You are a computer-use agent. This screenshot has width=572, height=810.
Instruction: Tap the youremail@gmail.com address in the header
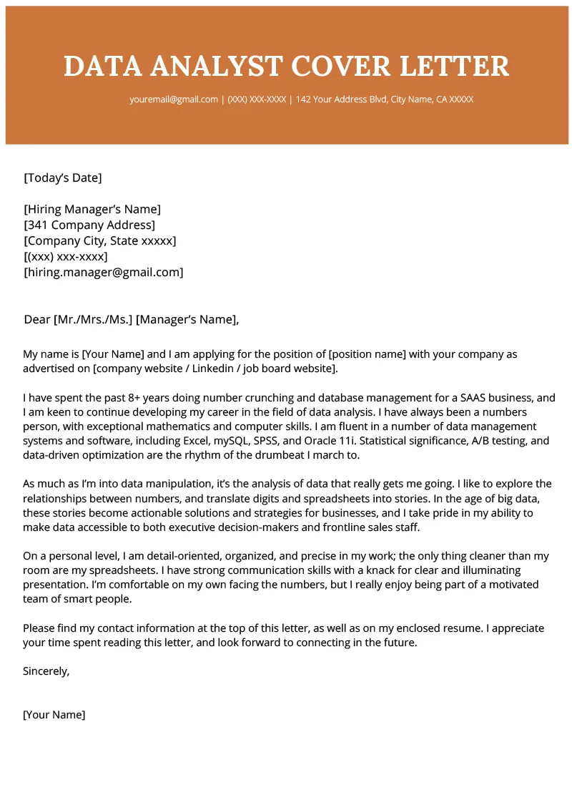[x=174, y=99]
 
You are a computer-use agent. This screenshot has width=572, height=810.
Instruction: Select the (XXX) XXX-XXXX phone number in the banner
[x=257, y=99]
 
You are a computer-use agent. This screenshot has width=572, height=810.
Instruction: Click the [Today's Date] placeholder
[x=63, y=177]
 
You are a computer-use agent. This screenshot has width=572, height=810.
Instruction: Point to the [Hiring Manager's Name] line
[x=92, y=209]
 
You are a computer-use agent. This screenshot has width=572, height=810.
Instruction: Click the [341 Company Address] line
[x=89, y=225]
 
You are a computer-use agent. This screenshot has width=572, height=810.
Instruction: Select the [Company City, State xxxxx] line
[x=100, y=240]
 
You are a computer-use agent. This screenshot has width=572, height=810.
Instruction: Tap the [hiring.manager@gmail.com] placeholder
[x=104, y=272]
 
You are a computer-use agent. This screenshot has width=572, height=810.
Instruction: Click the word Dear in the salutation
[x=37, y=319]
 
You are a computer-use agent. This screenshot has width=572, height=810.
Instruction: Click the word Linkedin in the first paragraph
[x=214, y=369]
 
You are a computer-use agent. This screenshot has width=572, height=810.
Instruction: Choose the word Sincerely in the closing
[x=46, y=671]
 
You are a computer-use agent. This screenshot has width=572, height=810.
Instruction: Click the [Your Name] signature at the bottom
[x=54, y=714]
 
